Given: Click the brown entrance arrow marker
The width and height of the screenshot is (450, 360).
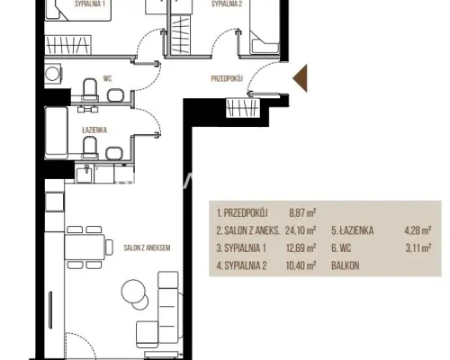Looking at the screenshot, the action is click(x=301, y=78).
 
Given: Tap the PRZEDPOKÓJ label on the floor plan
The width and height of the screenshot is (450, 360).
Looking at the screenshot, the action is click(x=227, y=78).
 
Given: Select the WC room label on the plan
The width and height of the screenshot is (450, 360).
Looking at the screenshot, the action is click(x=107, y=78).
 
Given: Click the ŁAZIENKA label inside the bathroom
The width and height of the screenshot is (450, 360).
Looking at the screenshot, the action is click(x=94, y=130).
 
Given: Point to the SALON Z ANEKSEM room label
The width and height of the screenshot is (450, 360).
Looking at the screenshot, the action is click(x=147, y=247).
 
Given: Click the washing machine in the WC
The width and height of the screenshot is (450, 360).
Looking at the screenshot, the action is click(x=53, y=73).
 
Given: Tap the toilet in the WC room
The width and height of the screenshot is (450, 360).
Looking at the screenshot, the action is click(x=90, y=89).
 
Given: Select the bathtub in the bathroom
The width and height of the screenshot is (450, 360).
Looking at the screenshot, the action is click(x=56, y=133).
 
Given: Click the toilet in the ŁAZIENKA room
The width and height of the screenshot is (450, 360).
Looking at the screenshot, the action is click(x=90, y=148).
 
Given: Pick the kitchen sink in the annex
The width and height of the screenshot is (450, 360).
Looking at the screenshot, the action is click(x=85, y=174).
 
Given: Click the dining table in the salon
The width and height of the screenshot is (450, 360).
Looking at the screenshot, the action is click(x=85, y=247).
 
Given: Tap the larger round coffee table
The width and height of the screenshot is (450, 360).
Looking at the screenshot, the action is click(x=134, y=292).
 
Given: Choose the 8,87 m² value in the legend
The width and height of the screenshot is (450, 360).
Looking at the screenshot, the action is click(x=302, y=213).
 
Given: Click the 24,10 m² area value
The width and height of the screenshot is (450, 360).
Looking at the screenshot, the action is click(x=301, y=230).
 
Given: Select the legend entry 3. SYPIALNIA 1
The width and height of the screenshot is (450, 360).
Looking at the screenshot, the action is click(x=241, y=248).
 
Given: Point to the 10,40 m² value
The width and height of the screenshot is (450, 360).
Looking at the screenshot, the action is click(x=301, y=265).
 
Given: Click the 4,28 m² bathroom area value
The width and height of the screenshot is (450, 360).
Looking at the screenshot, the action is click(x=418, y=230).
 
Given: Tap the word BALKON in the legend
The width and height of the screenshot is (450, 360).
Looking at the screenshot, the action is click(x=346, y=265).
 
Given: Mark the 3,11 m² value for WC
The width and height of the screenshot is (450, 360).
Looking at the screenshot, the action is click(x=418, y=248).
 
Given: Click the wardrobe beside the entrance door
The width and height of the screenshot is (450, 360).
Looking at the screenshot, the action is click(x=243, y=108).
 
